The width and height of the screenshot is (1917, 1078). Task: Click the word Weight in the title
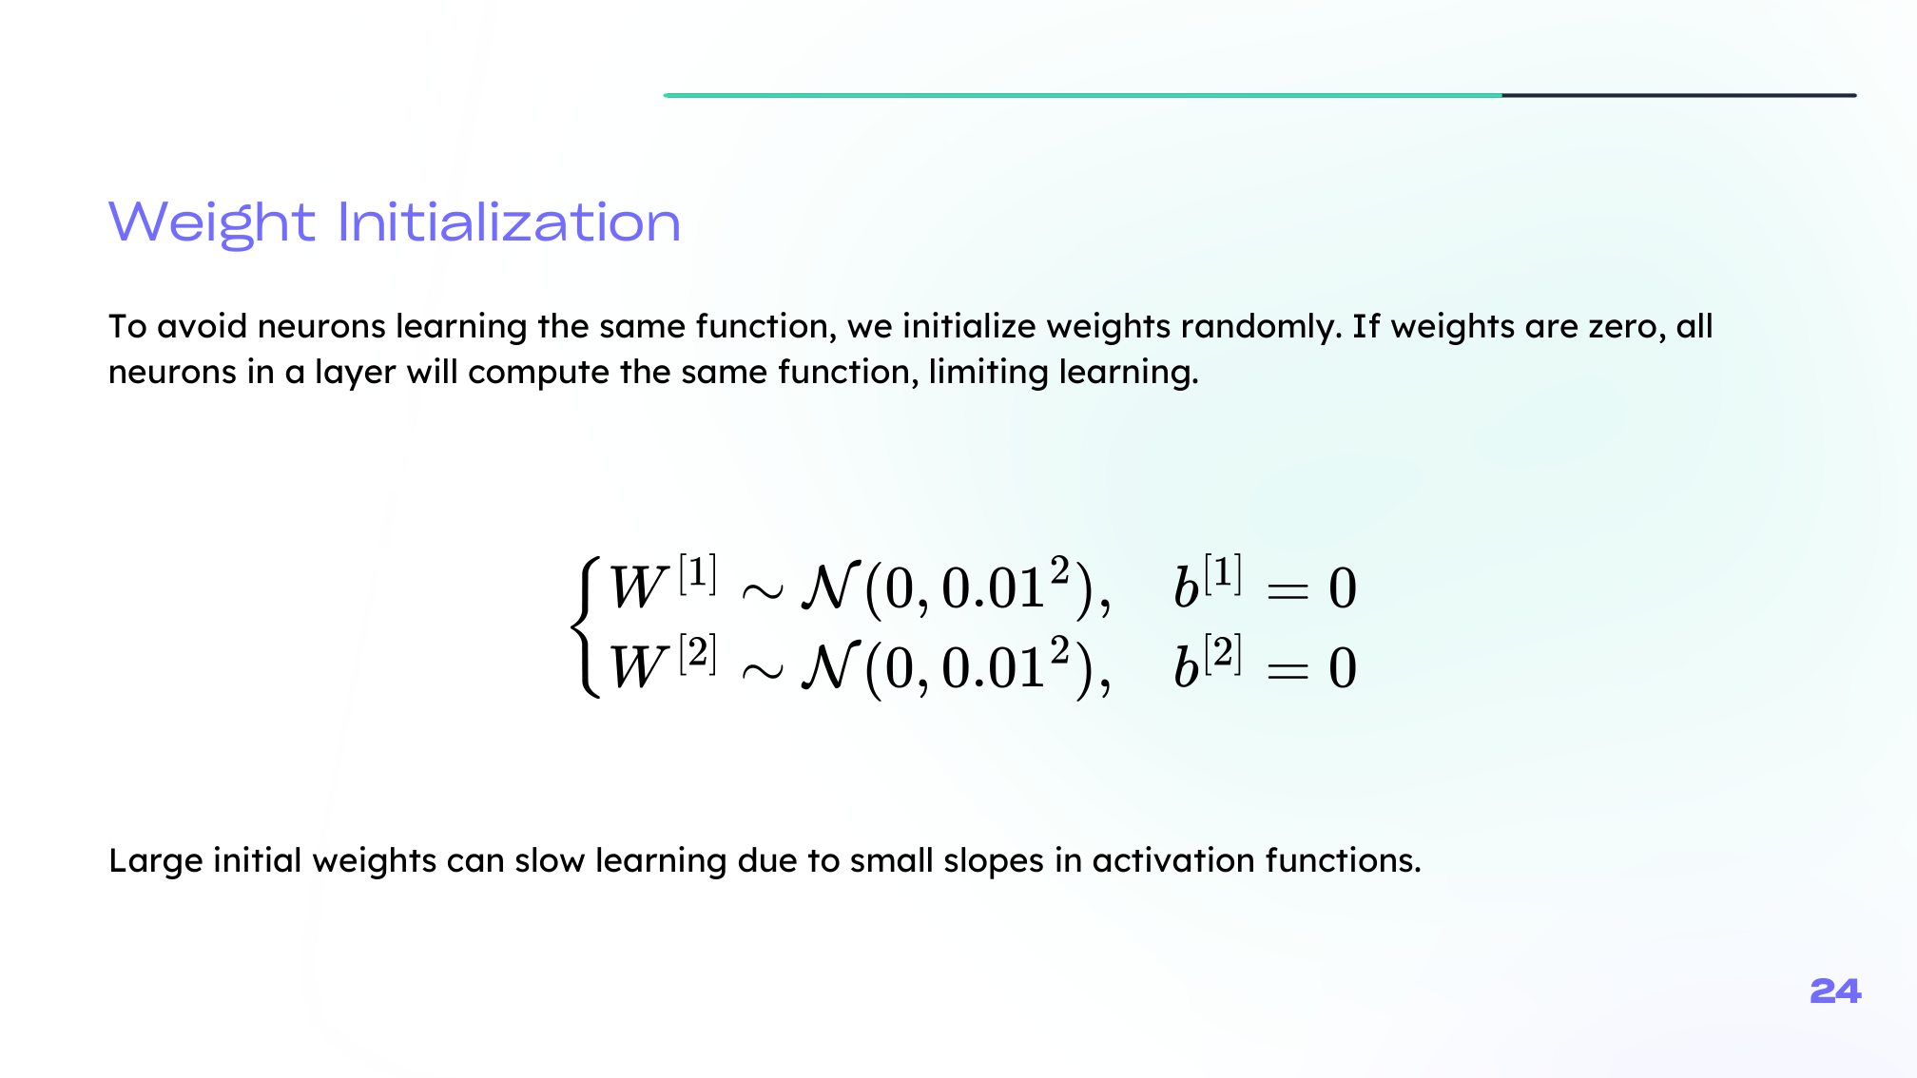click(x=211, y=224)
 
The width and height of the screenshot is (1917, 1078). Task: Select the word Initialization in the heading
click(x=510, y=222)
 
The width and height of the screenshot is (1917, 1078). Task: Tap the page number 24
click(x=1835, y=991)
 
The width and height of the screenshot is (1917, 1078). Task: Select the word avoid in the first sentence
click(x=202, y=327)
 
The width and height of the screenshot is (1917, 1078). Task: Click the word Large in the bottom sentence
click(x=156, y=861)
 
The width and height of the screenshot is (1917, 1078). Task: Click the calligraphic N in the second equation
click(x=830, y=666)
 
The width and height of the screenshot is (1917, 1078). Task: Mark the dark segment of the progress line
click(x=1679, y=95)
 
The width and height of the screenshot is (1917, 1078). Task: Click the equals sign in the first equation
click(x=1288, y=591)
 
